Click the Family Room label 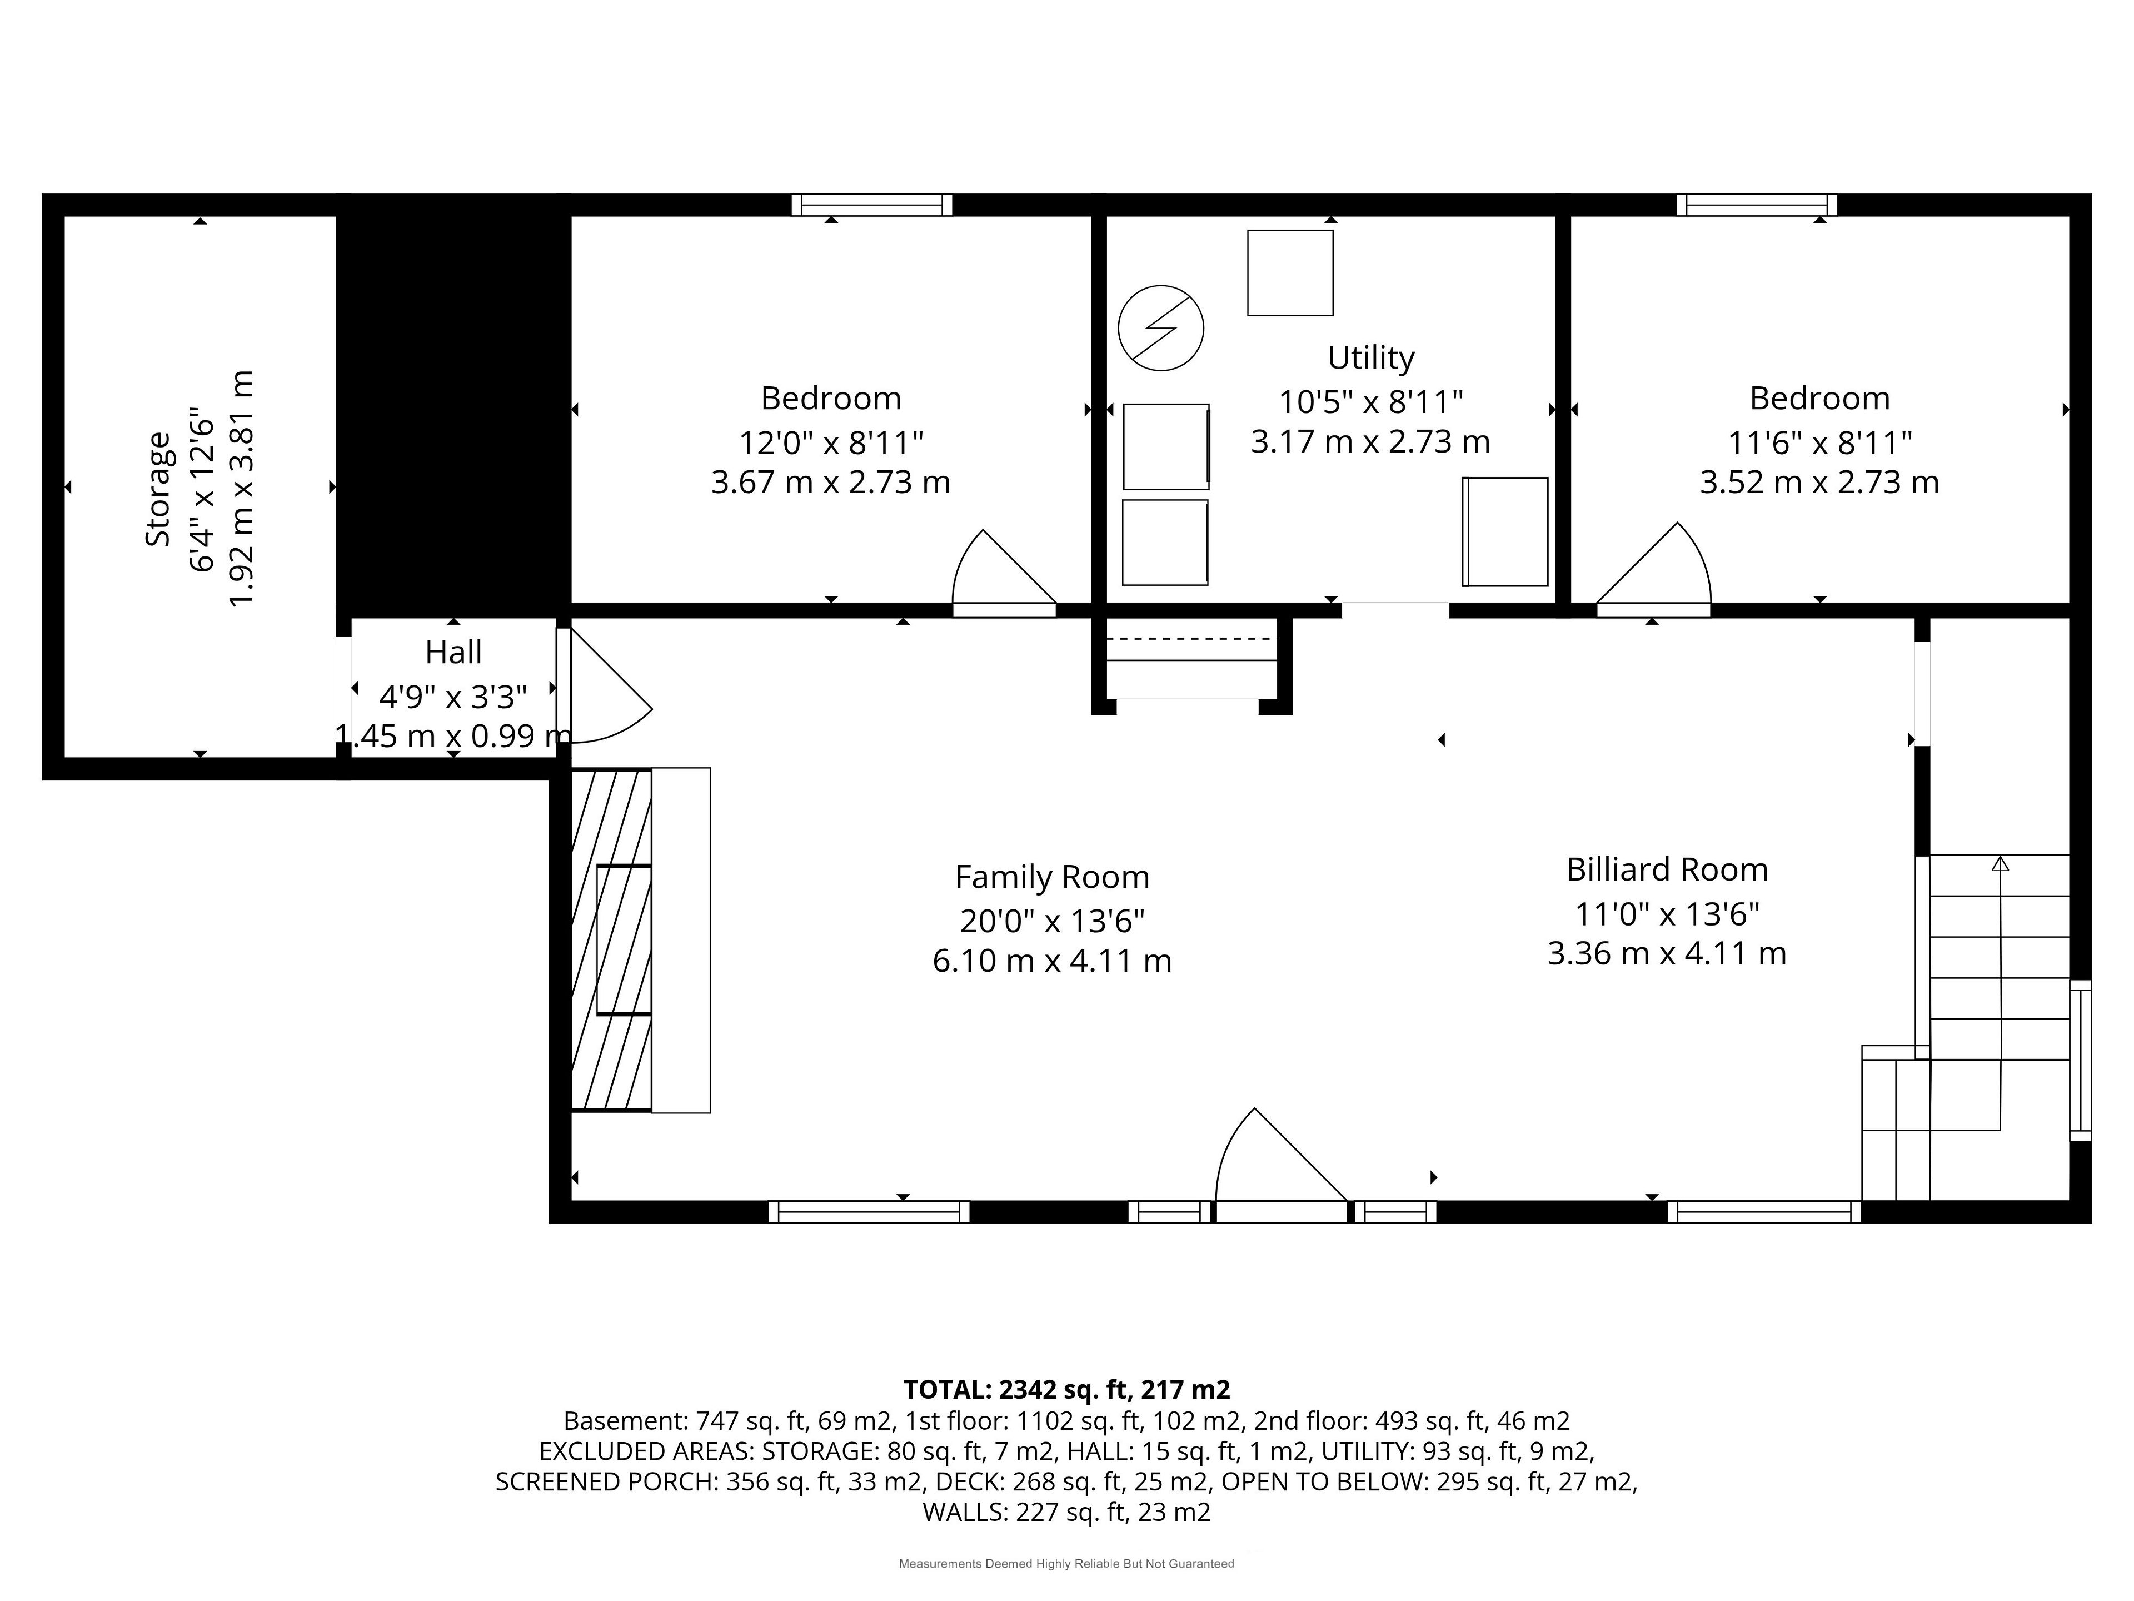click(1051, 877)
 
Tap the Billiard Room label click(1667, 869)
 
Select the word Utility click(1371, 358)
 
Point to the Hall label click(453, 653)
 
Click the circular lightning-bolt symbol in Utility click(1160, 328)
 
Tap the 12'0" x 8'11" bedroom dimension click(831, 443)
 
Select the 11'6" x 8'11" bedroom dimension click(1819, 443)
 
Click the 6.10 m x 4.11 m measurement click(1051, 961)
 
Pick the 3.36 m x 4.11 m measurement click(1667, 953)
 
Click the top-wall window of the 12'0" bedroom click(872, 205)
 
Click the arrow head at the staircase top click(2000, 864)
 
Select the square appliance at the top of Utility click(1290, 272)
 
